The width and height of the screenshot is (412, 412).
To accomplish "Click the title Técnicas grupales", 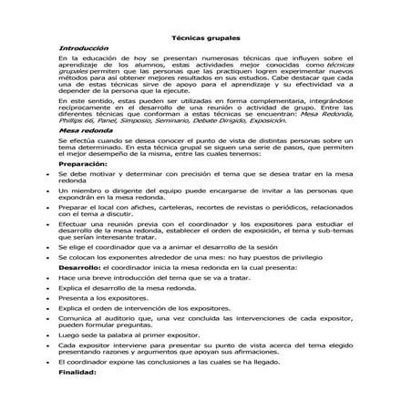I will tap(206, 39).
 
